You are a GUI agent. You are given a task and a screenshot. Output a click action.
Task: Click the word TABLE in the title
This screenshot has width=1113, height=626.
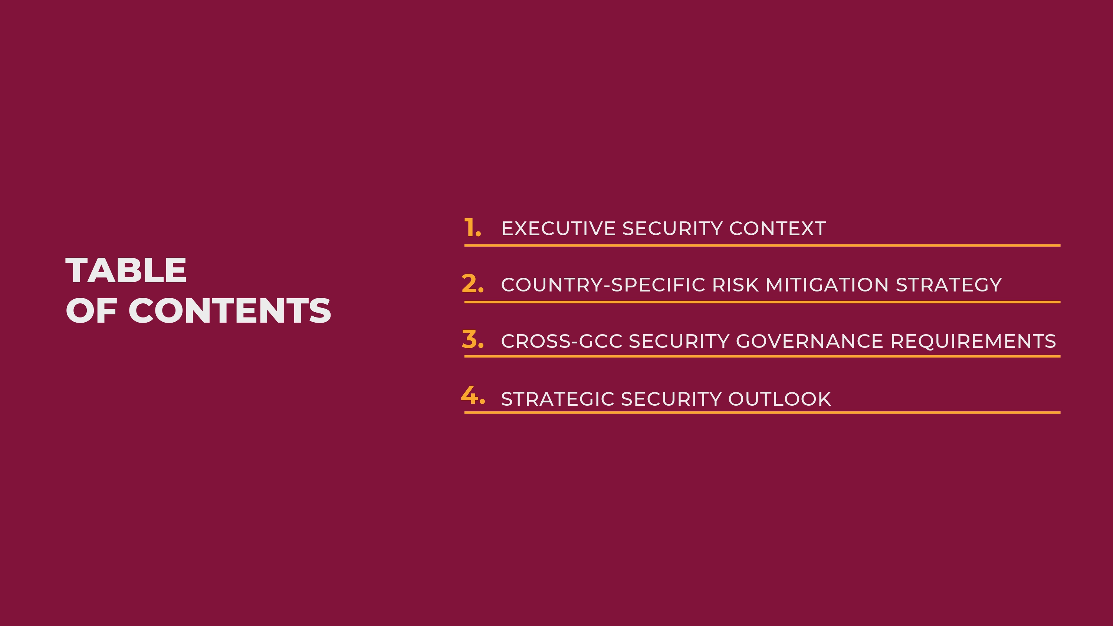coord(126,270)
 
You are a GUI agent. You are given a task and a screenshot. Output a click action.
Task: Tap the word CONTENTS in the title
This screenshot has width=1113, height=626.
coord(230,311)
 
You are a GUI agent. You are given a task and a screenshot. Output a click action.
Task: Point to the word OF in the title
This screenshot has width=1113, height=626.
coord(91,311)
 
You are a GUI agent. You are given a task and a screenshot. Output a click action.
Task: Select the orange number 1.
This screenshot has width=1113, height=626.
coord(472,228)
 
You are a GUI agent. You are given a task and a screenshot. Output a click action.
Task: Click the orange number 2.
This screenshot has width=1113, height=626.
coord(472,284)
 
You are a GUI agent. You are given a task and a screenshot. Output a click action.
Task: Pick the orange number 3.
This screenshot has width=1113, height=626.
coord(472,340)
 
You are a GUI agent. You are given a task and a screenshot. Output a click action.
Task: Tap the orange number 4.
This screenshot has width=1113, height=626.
coord(473,395)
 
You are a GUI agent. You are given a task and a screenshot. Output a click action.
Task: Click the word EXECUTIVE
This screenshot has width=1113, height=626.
coord(558,228)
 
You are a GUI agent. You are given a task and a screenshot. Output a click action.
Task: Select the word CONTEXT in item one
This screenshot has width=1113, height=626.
coord(778,228)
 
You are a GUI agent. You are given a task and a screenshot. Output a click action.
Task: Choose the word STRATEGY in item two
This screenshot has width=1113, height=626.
coord(949,285)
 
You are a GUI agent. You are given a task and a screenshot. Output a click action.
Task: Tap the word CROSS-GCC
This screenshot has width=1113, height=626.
coord(562,341)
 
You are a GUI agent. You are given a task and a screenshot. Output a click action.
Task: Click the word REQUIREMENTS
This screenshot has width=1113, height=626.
coord(973,341)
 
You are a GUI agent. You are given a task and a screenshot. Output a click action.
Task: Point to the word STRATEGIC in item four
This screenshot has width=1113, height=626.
coord(557,399)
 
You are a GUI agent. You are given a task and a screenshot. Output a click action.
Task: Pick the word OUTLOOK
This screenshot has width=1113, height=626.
coord(779,399)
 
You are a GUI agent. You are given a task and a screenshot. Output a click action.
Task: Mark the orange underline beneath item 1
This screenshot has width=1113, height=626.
coord(762,246)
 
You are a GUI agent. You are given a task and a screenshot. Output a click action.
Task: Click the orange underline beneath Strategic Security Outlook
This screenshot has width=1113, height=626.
coord(762,413)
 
